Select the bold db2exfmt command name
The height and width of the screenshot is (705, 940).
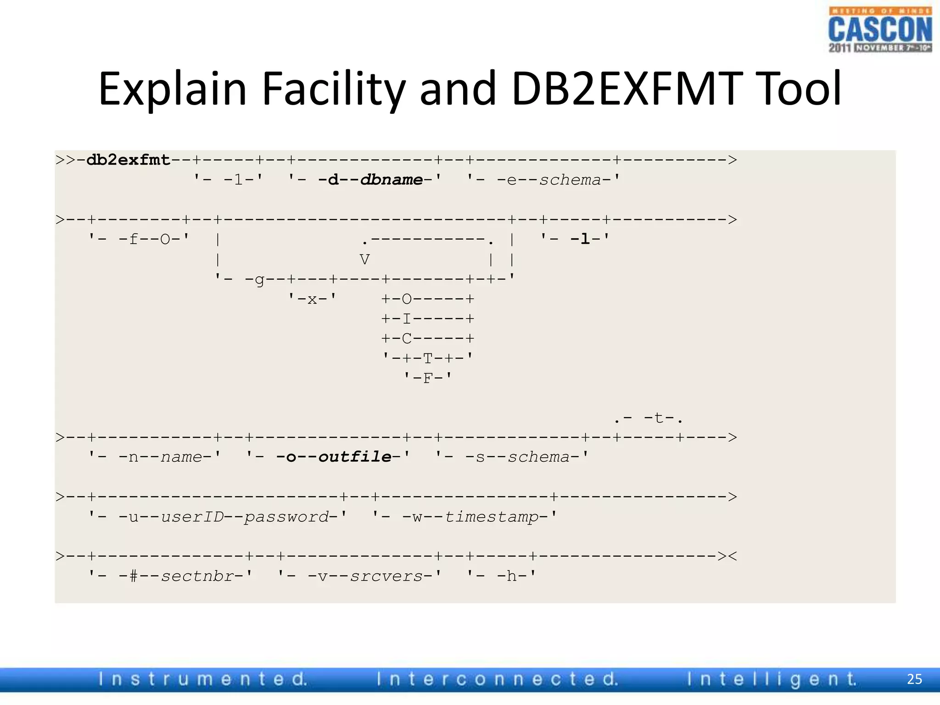point(128,160)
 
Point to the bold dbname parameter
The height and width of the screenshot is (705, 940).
point(392,179)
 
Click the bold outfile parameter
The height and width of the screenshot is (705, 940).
point(355,457)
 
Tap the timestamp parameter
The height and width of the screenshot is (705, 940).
point(492,517)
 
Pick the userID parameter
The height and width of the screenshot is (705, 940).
point(192,517)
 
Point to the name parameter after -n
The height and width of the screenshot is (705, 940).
point(181,457)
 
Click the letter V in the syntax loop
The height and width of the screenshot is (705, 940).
point(364,259)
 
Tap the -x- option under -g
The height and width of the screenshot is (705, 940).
point(312,299)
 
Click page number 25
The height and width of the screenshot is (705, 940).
point(914,679)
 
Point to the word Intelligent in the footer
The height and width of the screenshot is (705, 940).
point(772,679)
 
